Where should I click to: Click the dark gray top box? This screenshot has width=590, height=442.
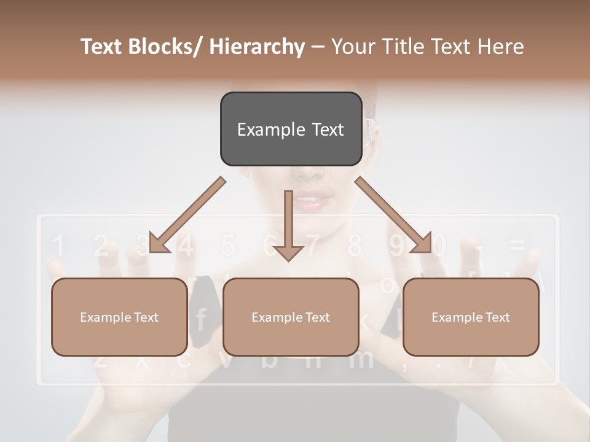click(x=291, y=129)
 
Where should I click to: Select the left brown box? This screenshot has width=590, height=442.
click(x=119, y=317)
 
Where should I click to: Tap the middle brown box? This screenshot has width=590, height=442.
click(x=291, y=317)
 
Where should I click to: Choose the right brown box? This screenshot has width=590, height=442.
click(x=471, y=317)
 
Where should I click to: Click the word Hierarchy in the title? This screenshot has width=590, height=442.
click(x=257, y=47)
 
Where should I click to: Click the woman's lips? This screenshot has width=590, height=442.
click(x=312, y=201)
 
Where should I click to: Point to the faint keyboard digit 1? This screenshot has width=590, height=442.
click(x=58, y=246)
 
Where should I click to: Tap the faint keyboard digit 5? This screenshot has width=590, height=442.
click(x=229, y=246)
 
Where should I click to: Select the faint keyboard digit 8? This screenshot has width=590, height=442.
click(x=355, y=246)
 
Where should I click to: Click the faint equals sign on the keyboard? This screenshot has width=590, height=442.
click(x=517, y=246)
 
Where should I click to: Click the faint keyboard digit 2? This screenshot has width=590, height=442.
click(x=101, y=246)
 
